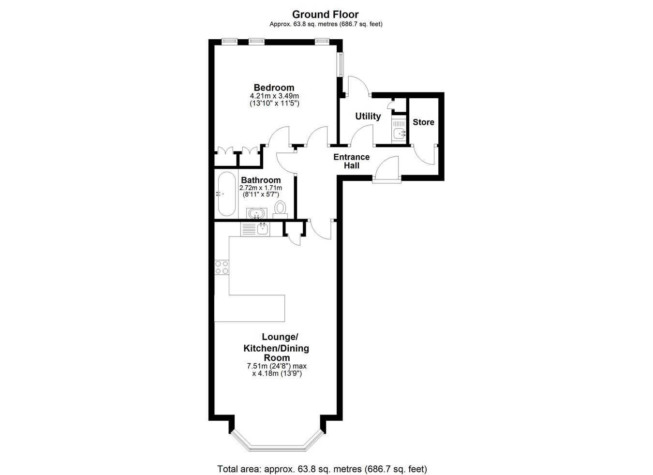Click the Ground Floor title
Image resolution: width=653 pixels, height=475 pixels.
coord(326,15)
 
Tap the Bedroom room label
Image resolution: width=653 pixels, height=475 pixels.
coord(274,88)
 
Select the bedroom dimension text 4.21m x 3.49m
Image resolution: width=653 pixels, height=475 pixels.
coord(274,96)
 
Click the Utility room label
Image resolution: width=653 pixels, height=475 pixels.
coord(368,117)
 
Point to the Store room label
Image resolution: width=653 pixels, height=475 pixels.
coord(423,122)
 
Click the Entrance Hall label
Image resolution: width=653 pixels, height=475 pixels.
coord(352,161)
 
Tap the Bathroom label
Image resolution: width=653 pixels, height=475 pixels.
coord(261,180)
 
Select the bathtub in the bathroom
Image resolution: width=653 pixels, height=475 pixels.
coord(227,194)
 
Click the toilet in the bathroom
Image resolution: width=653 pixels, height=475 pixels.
coord(281,210)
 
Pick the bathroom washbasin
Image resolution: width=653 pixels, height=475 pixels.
coord(256,213)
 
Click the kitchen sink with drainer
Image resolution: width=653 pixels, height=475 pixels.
coord(255,229)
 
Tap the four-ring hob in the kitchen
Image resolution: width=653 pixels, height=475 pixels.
coord(222,267)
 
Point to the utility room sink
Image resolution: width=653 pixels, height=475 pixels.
coord(399,130)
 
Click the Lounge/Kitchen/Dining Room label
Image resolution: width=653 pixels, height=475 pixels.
coord(276,347)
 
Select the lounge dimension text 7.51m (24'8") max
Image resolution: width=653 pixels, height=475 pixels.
coord(277,366)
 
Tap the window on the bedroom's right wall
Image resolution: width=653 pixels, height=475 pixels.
coord(340,64)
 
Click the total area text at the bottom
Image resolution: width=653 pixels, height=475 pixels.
coord(322,460)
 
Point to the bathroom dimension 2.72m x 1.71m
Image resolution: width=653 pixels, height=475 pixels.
coord(261,188)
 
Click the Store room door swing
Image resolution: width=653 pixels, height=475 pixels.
coord(424,155)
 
